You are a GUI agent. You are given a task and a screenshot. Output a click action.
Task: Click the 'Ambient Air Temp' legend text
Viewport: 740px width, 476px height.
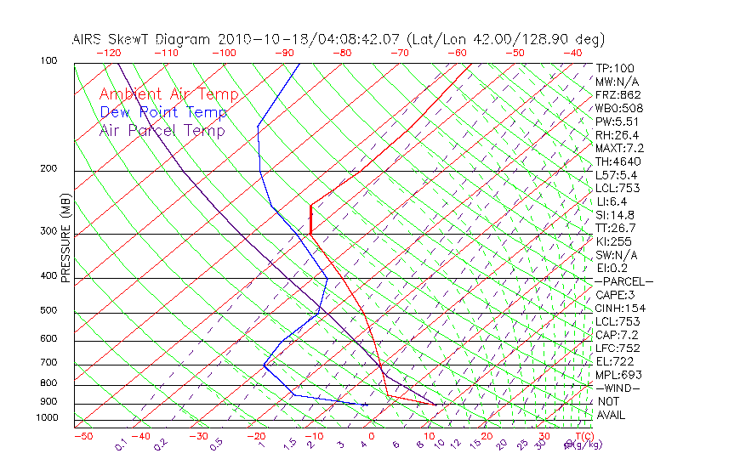[x=168, y=94]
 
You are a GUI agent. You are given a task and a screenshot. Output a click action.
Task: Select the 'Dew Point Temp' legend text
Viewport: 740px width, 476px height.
[x=163, y=112]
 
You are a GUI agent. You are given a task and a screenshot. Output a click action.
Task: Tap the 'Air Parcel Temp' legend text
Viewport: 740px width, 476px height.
[x=162, y=130]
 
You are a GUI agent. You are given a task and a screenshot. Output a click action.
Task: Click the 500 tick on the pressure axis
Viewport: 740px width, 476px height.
[x=48, y=310]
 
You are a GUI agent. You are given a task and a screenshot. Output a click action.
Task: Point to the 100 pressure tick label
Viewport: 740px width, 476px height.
[x=48, y=61]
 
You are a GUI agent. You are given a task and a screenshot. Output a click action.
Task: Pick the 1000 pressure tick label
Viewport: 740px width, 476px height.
[x=46, y=418]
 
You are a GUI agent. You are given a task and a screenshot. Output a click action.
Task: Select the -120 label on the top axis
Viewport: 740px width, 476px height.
[x=108, y=53]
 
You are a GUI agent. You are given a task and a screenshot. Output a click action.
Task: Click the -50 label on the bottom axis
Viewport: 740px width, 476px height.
[x=83, y=436]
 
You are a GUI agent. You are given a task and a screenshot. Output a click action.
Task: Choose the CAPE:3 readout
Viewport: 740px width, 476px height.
[x=616, y=295]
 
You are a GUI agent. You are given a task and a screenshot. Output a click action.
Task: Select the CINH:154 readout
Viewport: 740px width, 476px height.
[x=618, y=308]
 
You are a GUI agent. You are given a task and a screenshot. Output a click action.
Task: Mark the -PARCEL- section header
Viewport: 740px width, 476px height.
[x=623, y=281]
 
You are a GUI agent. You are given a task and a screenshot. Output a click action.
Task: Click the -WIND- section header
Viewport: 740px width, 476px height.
[x=618, y=388]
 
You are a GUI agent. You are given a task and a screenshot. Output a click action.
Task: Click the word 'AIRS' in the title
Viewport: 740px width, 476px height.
[x=88, y=39]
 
